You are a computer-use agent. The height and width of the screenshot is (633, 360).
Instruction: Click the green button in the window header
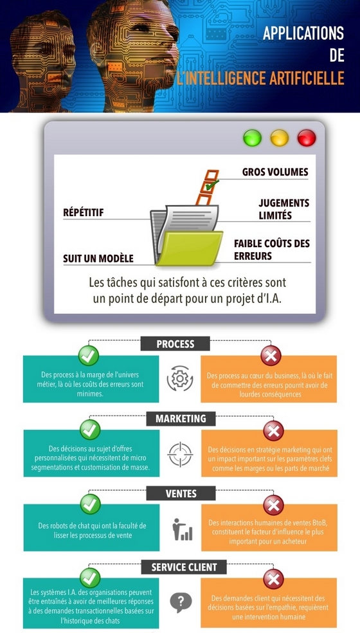(x=252, y=138)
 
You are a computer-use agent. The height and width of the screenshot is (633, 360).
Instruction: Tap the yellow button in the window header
(x=279, y=138)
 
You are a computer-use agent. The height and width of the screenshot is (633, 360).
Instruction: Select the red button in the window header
(x=307, y=138)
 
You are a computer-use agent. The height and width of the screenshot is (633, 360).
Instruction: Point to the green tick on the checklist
(x=211, y=185)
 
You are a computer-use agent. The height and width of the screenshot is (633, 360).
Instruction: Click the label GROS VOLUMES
(x=275, y=172)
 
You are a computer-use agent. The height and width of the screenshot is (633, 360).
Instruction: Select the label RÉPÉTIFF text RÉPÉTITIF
(x=84, y=212)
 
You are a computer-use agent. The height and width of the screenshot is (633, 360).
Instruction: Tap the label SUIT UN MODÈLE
(x=98, y=259)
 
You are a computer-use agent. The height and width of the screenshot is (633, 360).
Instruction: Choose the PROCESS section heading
(x=175, y=344)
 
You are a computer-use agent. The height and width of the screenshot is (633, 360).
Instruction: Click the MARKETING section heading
(x=181, y=419)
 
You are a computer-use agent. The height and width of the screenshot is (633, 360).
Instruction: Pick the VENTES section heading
(x=181, y=493)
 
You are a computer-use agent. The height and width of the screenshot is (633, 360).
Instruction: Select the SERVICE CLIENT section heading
(x=184, y=567)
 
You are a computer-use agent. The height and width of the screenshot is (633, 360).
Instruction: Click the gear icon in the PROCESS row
(x=180, y=378)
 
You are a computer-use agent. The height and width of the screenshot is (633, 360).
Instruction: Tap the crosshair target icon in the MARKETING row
(x=180, y=455)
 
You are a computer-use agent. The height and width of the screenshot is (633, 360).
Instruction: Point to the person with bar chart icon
(x=183, y=529)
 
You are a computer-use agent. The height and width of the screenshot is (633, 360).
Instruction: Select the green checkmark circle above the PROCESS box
(x=89, y=356)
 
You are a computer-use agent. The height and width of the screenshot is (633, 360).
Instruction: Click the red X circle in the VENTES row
(x=274, y=505)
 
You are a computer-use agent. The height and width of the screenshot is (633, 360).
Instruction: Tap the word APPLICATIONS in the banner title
(x=303, y=33)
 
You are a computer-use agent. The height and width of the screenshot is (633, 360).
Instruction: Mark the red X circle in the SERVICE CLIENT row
(x=274, y=579)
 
